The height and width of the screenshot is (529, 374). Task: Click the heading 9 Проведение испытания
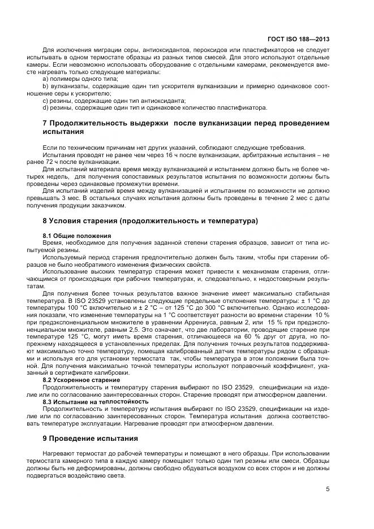(x=91, y=438)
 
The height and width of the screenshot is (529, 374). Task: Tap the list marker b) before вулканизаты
(x=46, y=86)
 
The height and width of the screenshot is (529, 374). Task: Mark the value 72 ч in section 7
(x=57, y=161)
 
